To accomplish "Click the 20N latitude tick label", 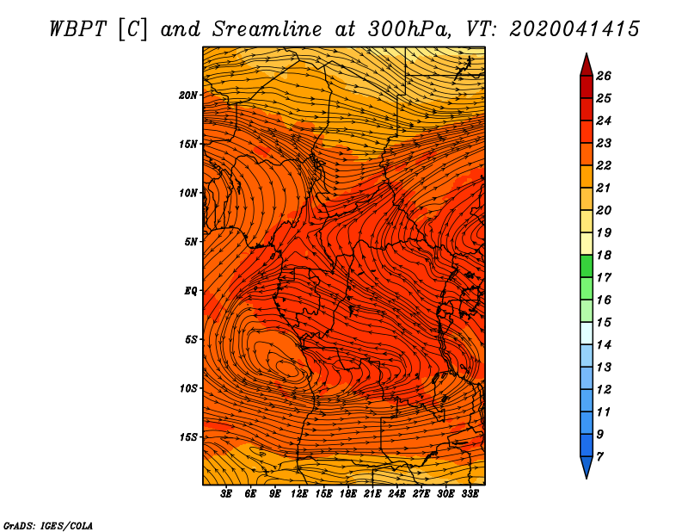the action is (x=187, y=96).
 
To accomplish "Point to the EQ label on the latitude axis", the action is (x=191, y=291).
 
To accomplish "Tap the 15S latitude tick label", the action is (x=188, y=437).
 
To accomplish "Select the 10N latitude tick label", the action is (x=187, y=194).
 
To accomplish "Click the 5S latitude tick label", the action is (x=191, y=339).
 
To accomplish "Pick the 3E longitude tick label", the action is (x=226, y=494).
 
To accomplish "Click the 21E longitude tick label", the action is (x=372, y=494).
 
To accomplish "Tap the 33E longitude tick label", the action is (x=470, y=494).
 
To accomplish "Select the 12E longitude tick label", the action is (x=299, y=494).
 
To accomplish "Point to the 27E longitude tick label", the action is (x=421, y=494).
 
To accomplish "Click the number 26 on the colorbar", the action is (x=604, y=76).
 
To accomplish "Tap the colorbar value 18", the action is (x=604, y=255).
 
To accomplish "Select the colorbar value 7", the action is (x=599, y=457).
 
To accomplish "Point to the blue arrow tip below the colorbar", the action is (x=587, y=467).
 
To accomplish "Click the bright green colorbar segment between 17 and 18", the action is (x=587, y=266).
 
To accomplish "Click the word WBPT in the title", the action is (x=77, y=29).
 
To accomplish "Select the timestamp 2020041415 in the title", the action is (x=574, y=29).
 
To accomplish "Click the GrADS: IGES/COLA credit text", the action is (x=48, y=526).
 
